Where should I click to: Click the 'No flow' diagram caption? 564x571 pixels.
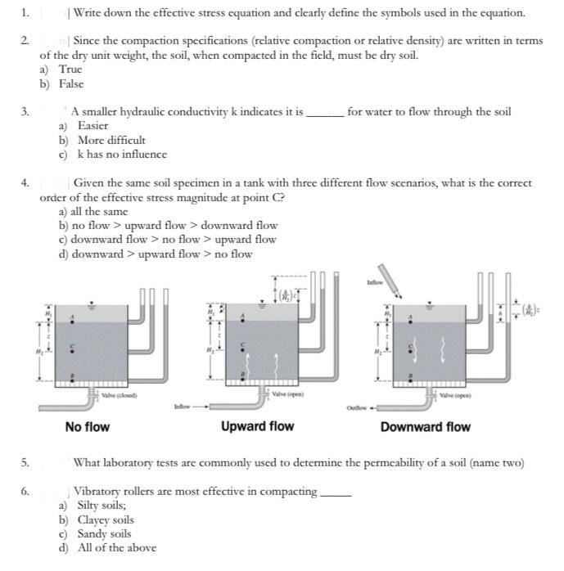pos(87,427)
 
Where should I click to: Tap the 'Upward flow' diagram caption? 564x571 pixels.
pos(257,427)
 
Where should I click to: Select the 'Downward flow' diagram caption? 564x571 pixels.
pos(425,427)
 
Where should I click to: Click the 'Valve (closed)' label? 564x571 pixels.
pos(120,395)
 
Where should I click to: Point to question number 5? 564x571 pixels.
pos(25,463)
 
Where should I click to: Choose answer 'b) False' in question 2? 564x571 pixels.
pos(61,84)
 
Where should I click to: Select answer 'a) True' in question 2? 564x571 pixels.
pos(61,70)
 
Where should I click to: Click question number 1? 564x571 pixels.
pos(25,13)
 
